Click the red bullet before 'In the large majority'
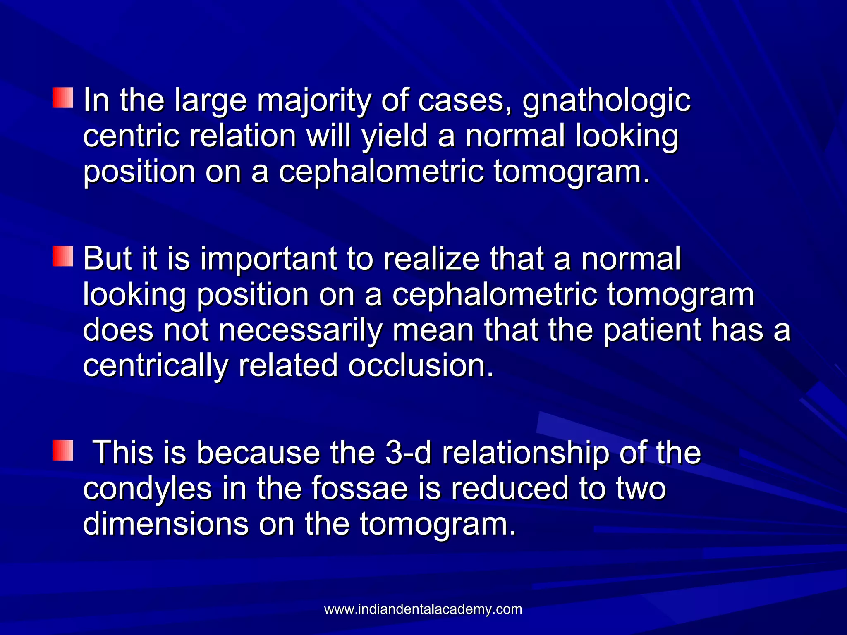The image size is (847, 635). pyautogui.click(x=63, y=98)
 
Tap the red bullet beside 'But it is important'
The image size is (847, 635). pyautogui.click(x=63, y=256)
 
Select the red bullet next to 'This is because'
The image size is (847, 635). pyautogui.click(x=63, y=451)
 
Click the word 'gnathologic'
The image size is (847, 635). pyautogui.click(x=606, y=101)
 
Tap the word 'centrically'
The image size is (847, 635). pyautogui.click(x=156, y=366)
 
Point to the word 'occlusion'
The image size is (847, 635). pyautogui.click(x=421, y=366)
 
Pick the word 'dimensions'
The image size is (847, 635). pyautogui.click(x=166, y=524)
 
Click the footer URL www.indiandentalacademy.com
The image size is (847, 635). pyautogui.click(x=423, y=609)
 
